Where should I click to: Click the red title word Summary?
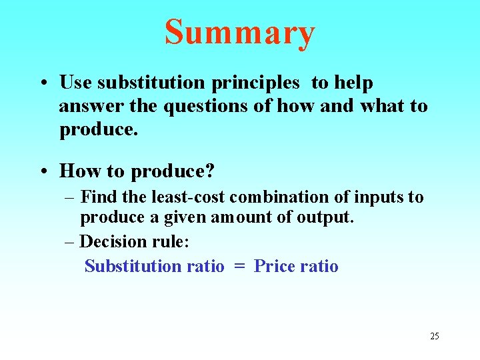pos(239,33)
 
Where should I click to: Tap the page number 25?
pos(434,336)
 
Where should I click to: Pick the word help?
pos(353,83)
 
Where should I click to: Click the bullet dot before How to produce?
pos(43,171)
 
